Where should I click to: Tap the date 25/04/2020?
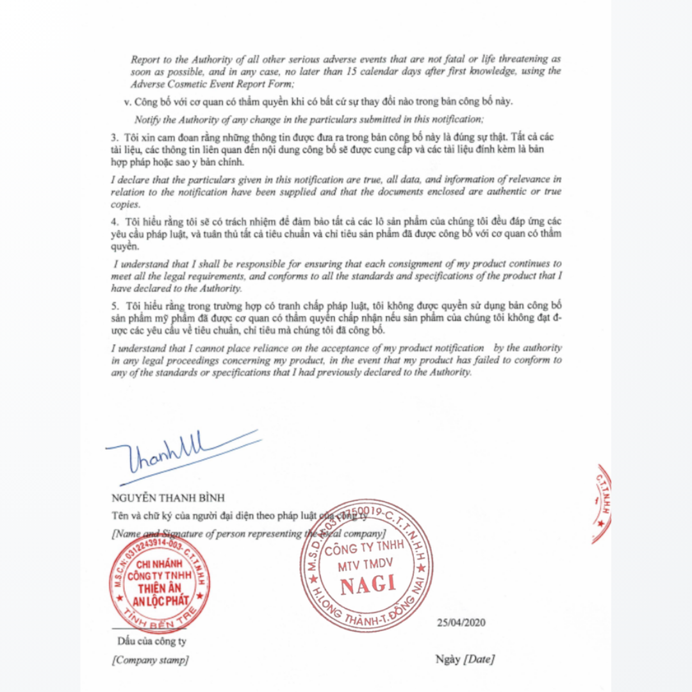click(461, 622)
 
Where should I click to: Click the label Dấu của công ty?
click(151, 641)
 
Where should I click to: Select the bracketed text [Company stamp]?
click(150, 660)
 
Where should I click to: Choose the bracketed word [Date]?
click(479, 659)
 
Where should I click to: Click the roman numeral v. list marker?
click(128, 101)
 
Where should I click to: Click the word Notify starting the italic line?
click(146, 119)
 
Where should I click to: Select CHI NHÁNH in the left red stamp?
click(156, 564)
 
